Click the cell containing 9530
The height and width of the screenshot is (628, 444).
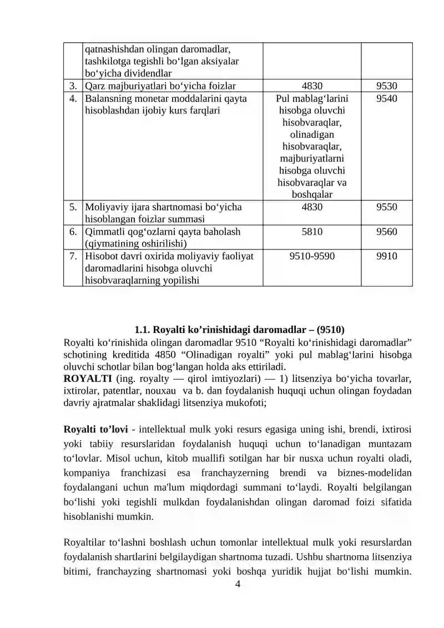[386, 86]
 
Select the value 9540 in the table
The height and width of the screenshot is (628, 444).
[386, 98]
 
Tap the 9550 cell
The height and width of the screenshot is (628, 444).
[386, 207]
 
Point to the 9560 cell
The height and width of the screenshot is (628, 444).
[386, 232]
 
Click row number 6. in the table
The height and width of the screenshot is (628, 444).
[73, 232]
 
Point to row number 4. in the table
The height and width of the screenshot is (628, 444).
[73, 98]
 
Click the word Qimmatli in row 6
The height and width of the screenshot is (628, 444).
[102, 232]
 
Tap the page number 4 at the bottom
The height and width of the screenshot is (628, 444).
[238, 584]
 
